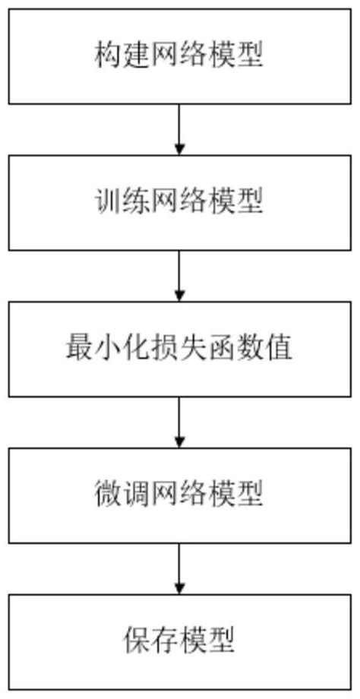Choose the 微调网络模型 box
[x=180, y=495]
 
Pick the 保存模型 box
[x=180, y=643]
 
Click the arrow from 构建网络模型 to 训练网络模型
[x=180, y=129]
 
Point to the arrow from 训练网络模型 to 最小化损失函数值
[x=180, y=276]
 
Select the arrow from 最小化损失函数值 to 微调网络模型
[x=180, y=422]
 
